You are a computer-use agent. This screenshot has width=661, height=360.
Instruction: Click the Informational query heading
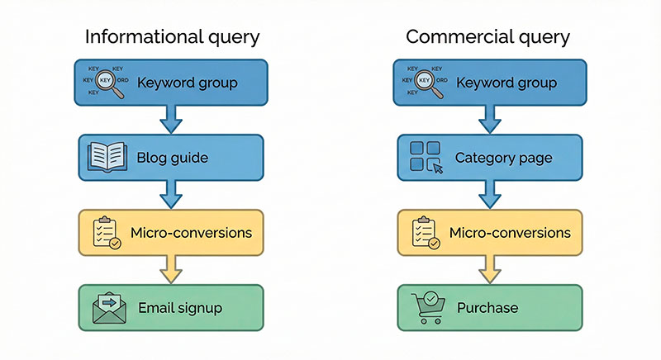tap(173, 37)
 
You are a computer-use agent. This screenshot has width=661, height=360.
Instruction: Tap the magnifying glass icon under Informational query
tap(107, 82)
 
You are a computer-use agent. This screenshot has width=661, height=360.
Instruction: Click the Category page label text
tap(503, 157)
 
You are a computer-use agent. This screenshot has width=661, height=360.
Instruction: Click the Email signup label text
tap(180, 308)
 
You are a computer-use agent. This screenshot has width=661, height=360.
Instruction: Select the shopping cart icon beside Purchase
tap(427, 307)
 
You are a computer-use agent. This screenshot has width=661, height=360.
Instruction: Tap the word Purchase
tap(487, 308)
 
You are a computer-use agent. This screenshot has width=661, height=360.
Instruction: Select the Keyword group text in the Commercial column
tap(506, 83)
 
